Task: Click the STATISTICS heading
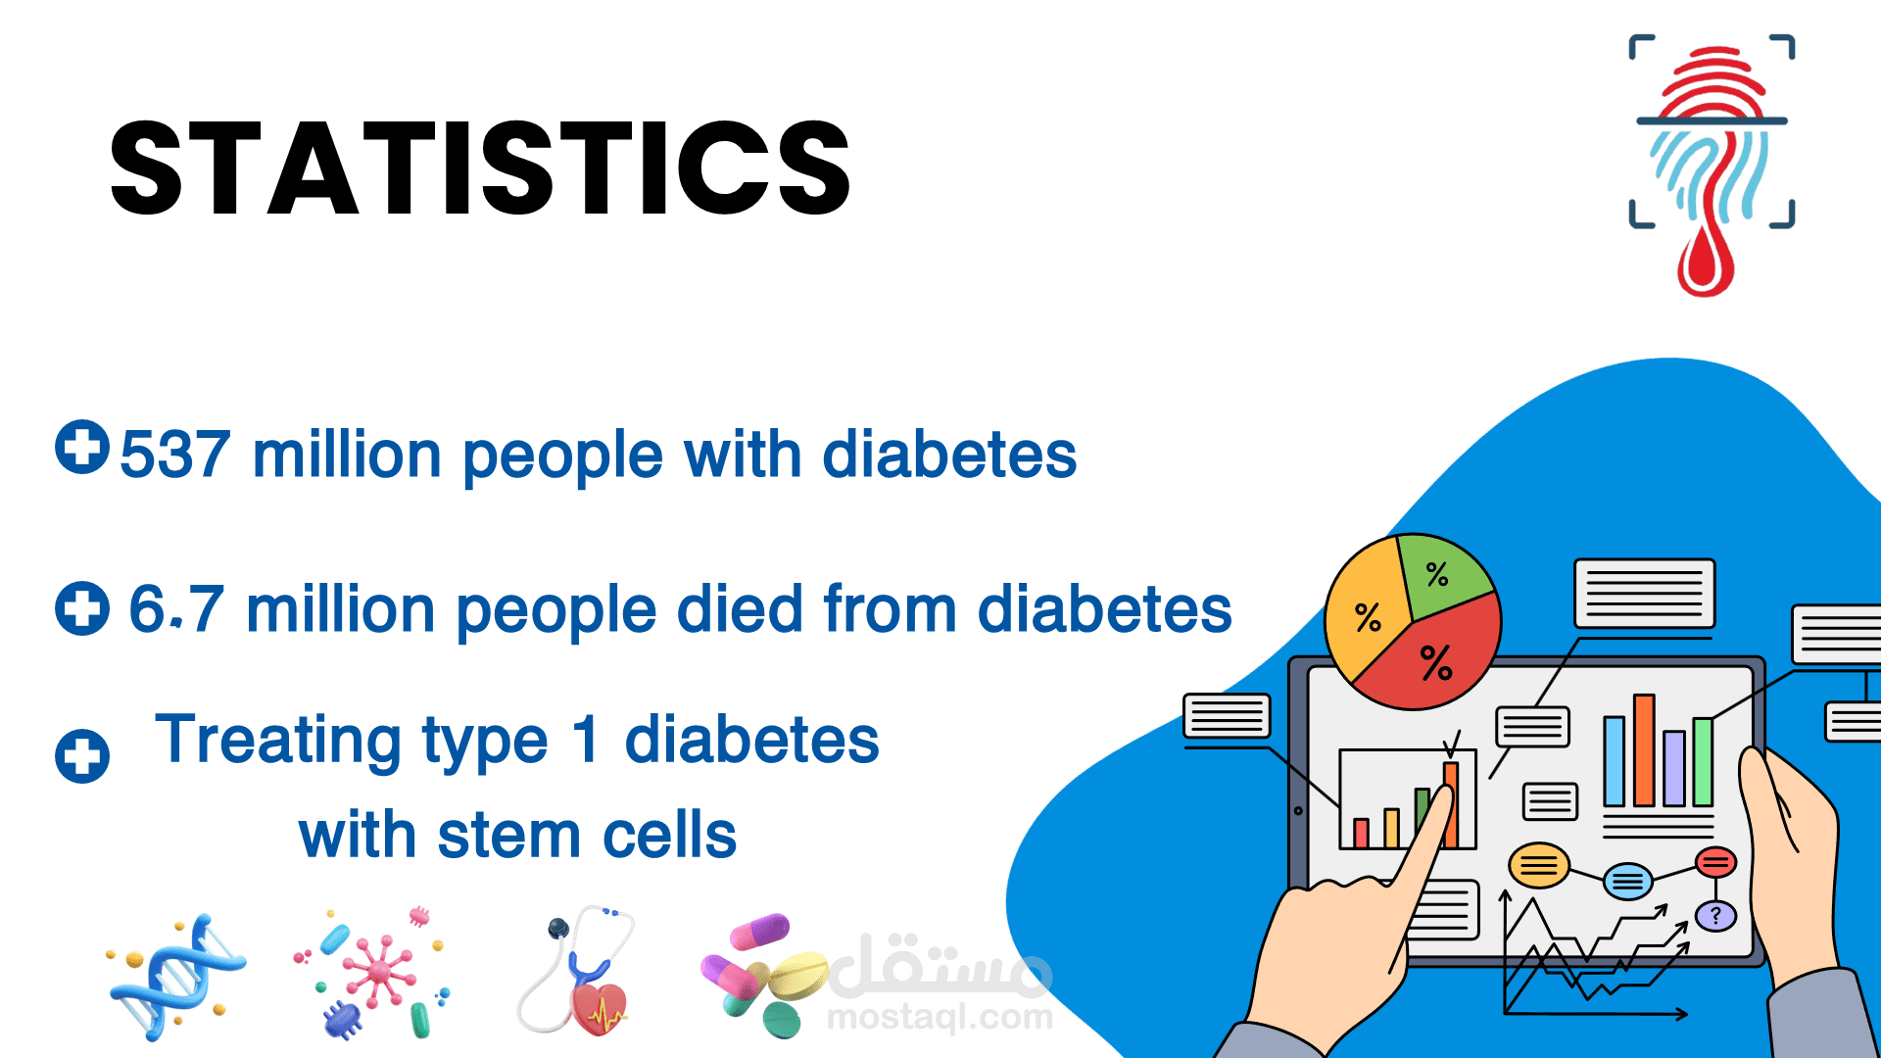tap(480, 168)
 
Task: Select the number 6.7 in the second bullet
tap(176, 609)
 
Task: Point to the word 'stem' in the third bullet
tap(509, 836)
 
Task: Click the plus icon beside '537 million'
tap(82, 447)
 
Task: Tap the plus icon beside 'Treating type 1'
tap(82, 756)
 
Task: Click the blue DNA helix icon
tap(176, 977)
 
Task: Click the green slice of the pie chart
tap(1442, 573)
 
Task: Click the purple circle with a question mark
tap(1715, 917)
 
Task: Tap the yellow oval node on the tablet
tap(1538, 865)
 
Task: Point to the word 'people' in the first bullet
tap(563, 457)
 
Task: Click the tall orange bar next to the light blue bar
tap(1644, 750)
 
